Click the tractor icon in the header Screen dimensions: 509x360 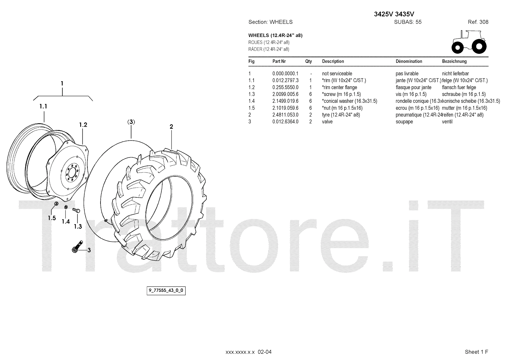click(469, 42)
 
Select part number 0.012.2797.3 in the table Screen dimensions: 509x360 click(285, 81)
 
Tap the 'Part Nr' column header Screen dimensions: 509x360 click(279, 61)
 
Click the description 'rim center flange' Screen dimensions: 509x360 click(339, 88)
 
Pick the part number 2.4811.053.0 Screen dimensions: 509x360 click(285, 115)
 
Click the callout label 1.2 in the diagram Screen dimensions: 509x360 click(83, 125)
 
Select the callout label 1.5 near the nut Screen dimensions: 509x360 click(52, 218)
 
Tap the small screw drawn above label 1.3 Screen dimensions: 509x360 click(76, 210)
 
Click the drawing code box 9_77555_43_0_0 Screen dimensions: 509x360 click(166, 291)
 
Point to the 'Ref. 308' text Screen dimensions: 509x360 click(478, 22)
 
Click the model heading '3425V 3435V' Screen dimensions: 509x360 click(394, 14)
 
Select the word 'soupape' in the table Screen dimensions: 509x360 click(404, 122)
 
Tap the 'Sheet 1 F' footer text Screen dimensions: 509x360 click(476, 352)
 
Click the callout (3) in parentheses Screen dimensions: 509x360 click(131, 122)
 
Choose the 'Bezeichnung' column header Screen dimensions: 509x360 click(454, 61)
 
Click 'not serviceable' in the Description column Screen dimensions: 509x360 click(337, 74)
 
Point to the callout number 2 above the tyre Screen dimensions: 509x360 click(171, 127)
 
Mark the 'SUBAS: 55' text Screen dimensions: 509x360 click(408, 22)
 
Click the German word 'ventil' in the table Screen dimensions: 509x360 click(447, 122)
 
